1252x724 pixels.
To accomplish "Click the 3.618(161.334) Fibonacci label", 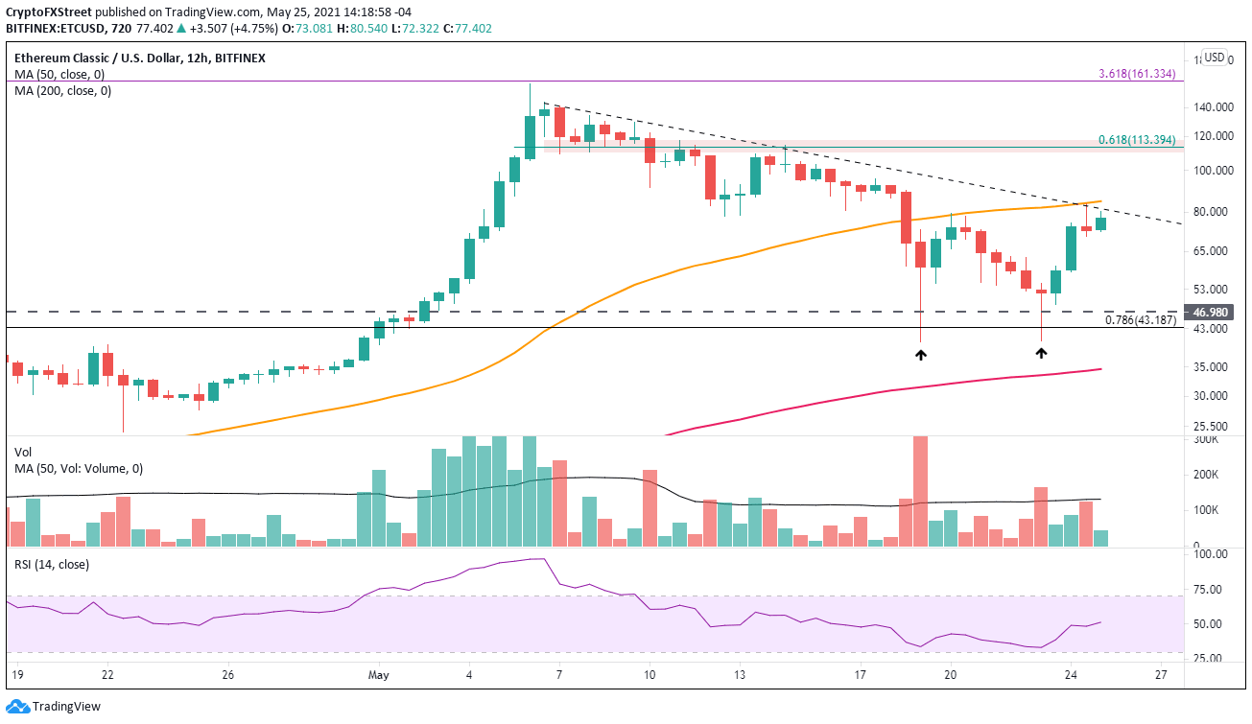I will (x=1137, y=73).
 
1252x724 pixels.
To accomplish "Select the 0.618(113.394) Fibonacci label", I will (x=1137, y=139).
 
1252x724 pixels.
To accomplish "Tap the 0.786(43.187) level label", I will (x=1141, y=320).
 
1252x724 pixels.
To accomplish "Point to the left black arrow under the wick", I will (x=921, y=355).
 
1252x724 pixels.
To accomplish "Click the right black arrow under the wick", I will (x=1041, y=353).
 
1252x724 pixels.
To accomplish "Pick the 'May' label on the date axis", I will (x=379, y=674).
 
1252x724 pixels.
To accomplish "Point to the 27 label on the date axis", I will (x=1161, y=674).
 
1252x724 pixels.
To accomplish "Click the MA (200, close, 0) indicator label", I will (x=59, y=91).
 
